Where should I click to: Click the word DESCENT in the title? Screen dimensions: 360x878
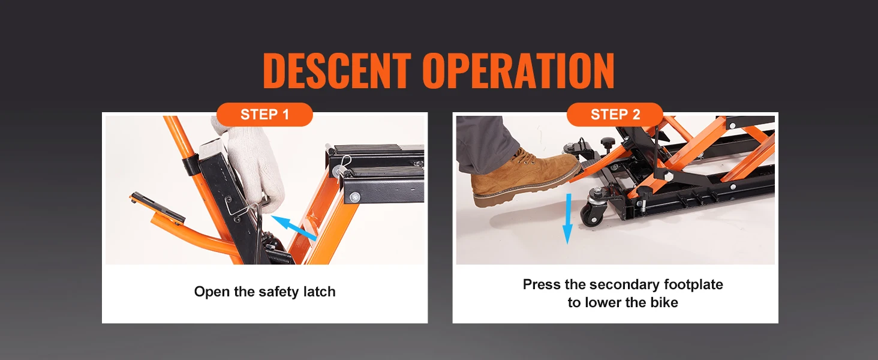[336, 71]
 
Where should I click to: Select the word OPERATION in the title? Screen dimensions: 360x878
[518, 71]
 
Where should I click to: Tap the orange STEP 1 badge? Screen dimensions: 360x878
[264, 115]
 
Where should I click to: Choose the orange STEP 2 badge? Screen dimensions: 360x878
[615, 115]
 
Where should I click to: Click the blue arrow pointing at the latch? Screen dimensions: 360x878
[294, 229]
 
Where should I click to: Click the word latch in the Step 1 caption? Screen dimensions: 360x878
[317, 292]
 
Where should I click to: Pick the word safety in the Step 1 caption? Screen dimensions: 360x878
[278, 292]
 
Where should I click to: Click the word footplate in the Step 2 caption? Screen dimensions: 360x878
[693, 284]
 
